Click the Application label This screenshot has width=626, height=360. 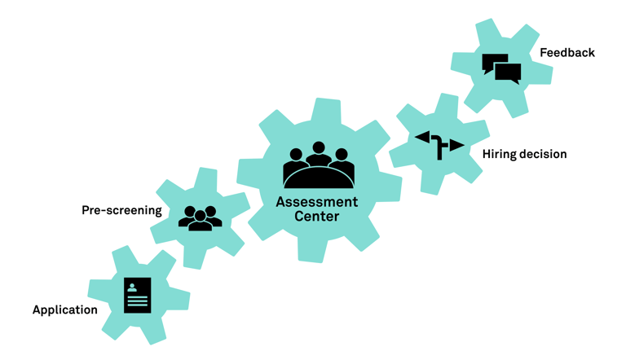pos(64,310)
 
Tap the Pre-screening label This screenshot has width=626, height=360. pos(121,210)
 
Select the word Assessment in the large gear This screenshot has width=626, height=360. pos(316,202)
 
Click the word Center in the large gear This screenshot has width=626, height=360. pos(316,217)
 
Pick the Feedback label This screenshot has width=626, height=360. pos(567,53)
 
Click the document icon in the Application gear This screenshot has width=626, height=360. pos(138,295)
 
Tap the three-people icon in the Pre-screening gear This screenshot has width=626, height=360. pos(200,217)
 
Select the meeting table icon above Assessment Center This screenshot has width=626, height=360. pos(319,166)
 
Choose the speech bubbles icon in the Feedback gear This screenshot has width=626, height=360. pos(501,69)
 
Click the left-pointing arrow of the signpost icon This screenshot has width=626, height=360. pos(424,138)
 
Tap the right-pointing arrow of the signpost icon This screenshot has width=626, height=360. pos(456,146)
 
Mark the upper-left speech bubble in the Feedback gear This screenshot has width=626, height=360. pos(494,63)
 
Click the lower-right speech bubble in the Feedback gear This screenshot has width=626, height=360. pos(509,74)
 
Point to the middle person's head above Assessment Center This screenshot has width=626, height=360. pos(319,149)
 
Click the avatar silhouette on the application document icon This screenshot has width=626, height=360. pos(132,288)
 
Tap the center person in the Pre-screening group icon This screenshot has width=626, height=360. pos(200,221)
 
